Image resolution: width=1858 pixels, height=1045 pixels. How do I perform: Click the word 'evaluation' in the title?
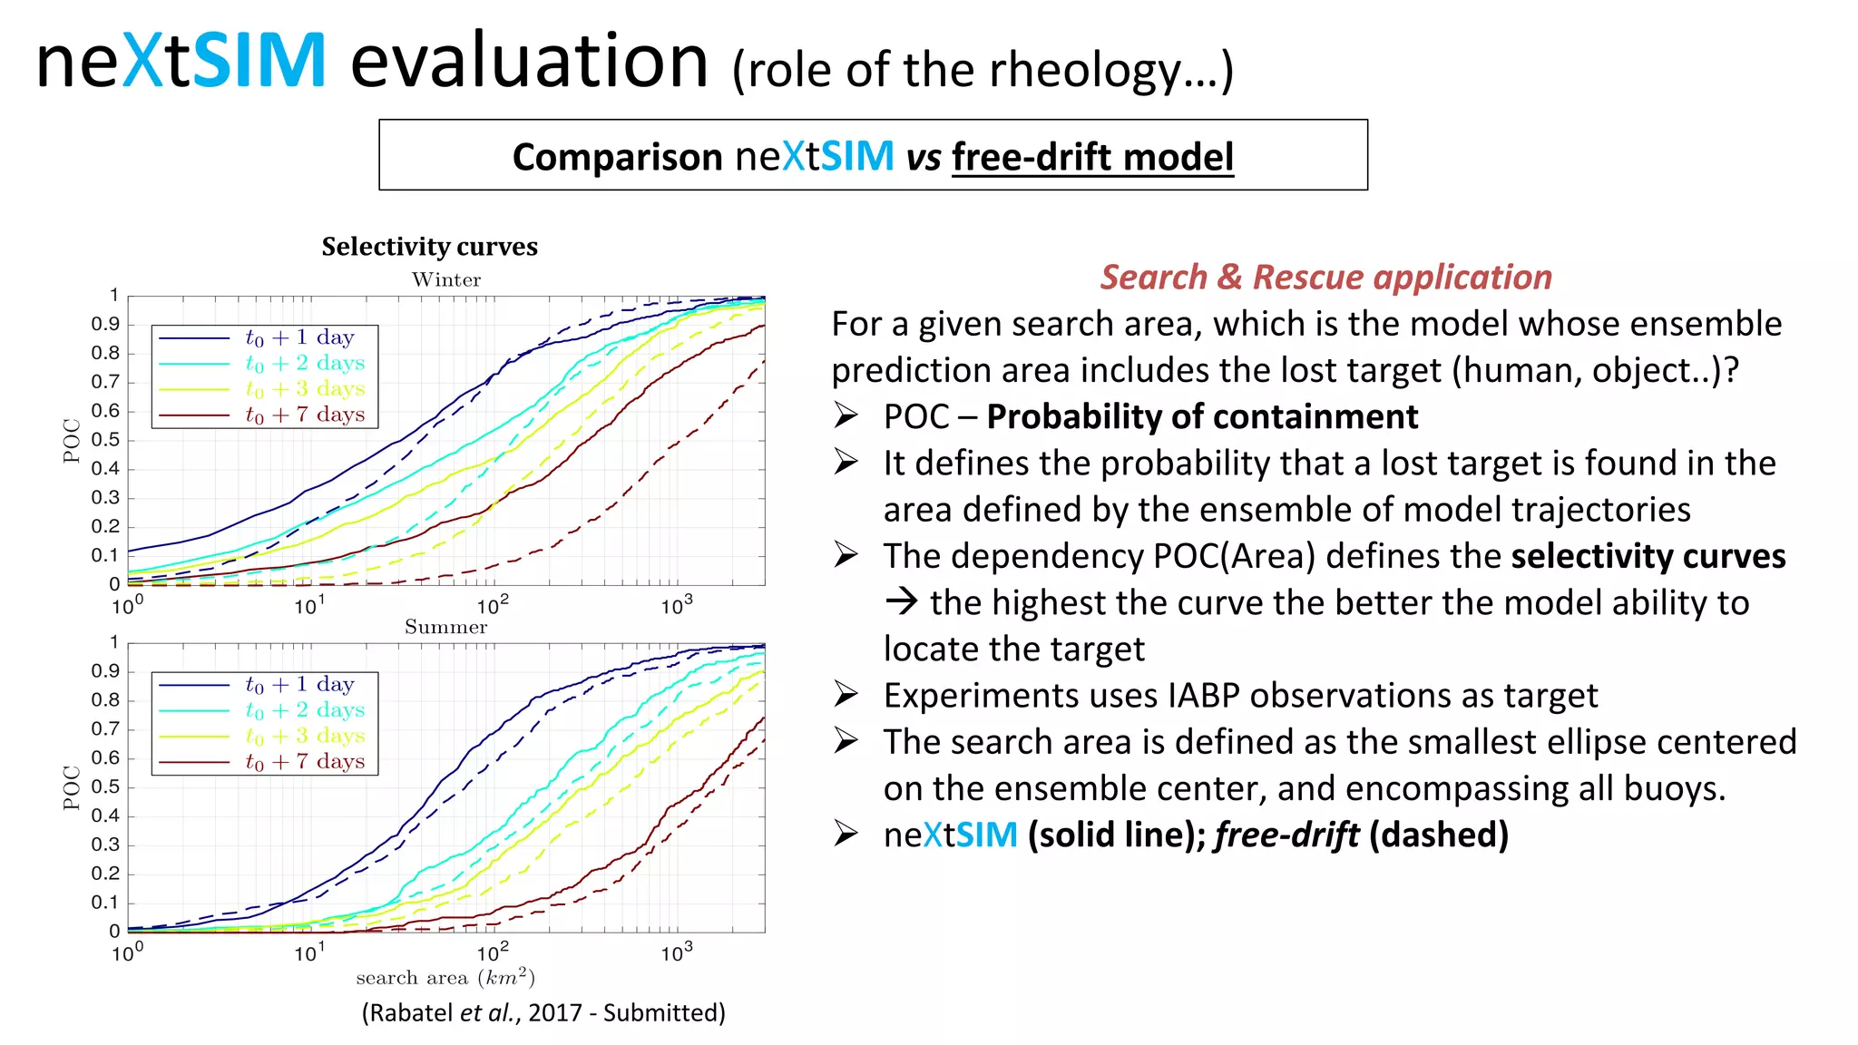(528, 62)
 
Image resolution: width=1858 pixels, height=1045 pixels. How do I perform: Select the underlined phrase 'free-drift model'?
(1092, 157)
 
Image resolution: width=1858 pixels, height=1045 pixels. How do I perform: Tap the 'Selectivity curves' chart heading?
(429, 247)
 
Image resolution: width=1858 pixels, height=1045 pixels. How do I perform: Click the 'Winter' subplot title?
(446, 279)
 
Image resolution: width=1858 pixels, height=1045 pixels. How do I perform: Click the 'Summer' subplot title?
(445, 627)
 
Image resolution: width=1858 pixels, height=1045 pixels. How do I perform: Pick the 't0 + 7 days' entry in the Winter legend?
(305, 415)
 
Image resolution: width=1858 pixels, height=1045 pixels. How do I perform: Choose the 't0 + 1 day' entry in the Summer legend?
(299, 685)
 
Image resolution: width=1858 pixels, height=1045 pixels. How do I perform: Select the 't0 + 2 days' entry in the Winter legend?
(305, 363)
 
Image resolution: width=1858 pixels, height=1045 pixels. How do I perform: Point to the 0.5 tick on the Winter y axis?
(105, 440)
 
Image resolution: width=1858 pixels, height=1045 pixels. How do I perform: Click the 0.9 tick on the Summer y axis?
(105, 671)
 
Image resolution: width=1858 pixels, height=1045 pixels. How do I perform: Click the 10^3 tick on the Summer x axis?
(676, 953)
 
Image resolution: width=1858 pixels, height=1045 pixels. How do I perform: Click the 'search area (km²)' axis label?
(445, 978)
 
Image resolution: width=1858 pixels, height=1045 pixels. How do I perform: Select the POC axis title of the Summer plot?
(72, 787)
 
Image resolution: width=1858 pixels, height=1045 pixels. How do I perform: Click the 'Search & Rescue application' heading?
(1325, 277)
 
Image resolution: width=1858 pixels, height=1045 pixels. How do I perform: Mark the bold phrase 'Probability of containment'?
(1202, 416)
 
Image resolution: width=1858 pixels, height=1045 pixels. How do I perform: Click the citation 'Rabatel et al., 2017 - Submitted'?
(543, 1012)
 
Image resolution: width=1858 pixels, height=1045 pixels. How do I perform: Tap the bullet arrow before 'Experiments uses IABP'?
(846, 695)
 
